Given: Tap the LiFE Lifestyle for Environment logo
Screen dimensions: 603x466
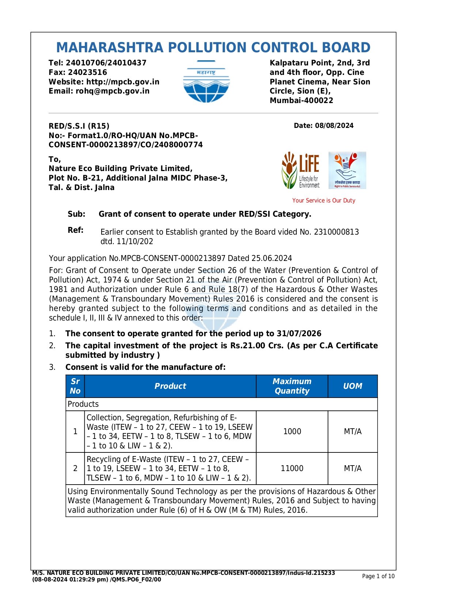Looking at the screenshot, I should click(x=300, y=170).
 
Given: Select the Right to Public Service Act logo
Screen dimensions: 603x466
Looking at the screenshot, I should click(x=347, y=170).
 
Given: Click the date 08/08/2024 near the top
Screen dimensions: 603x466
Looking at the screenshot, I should click(x=334, y=126).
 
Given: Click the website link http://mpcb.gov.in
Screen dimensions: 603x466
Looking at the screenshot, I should click(x=123, y=82).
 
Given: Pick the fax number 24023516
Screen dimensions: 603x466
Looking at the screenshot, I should click(x=88, y=72).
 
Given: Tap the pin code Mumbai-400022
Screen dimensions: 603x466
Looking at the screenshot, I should click(x=302, y=100).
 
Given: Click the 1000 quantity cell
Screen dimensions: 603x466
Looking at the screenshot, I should click(x=292, y=432).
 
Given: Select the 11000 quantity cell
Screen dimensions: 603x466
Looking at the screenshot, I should click(x=292, y=469).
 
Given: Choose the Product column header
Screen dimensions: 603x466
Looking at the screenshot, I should click(x=170, y=386).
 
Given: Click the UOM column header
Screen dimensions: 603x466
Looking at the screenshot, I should click(x=353, y=386).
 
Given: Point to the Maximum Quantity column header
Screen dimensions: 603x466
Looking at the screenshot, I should click(x=292, y=386).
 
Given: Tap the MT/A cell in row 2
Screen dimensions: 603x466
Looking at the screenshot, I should click(x=353, y=469).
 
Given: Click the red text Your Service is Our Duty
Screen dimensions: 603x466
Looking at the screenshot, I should click(x=324, y=201).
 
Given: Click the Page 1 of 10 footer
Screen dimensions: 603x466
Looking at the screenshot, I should click(x=378, y=576).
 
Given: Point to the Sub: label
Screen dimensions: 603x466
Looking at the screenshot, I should click(x=76, y=214).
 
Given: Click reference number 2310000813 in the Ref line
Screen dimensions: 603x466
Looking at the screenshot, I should click(x=336, y=232).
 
